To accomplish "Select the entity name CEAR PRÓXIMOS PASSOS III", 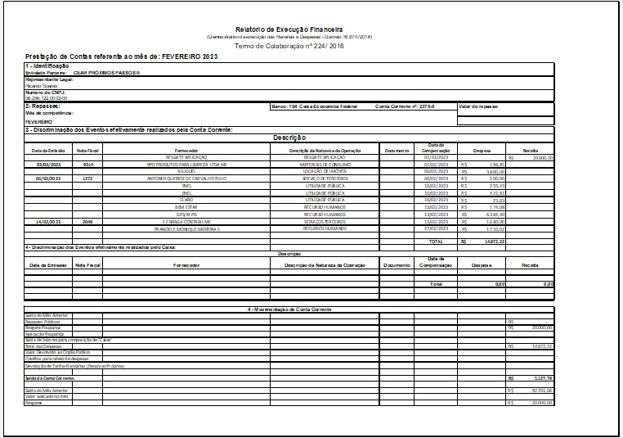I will point(106,72).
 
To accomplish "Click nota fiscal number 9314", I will point(87,164).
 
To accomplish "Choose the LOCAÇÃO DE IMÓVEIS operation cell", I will point(325,170).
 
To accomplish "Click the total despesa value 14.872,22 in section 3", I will point(493,242).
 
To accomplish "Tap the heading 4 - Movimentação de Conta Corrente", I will point(289,309).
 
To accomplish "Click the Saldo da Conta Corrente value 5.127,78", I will point(540,378).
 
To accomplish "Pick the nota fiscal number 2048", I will point(87,221).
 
